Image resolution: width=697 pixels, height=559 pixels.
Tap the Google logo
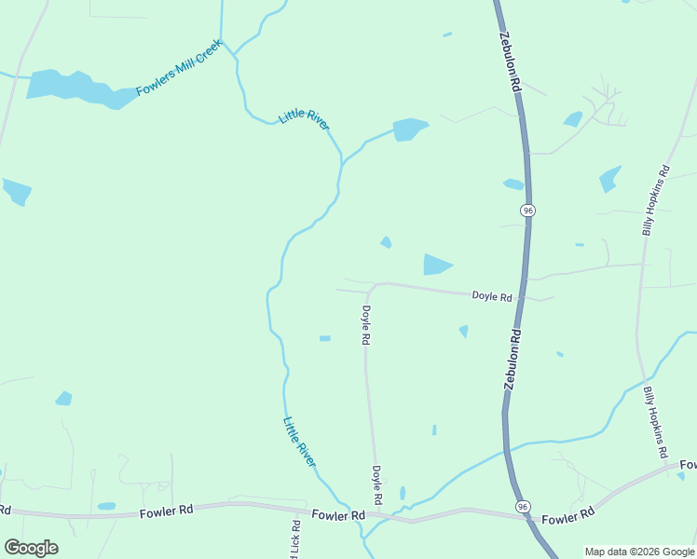tap(31, 548)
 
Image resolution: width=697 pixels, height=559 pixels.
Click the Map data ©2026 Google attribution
tap(639, 552)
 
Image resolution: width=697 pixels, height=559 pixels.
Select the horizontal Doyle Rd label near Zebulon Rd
tap(492, 297)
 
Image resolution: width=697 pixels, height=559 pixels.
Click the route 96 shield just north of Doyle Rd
tap(528, 211)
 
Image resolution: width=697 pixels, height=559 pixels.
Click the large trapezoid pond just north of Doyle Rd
tap(436, 265)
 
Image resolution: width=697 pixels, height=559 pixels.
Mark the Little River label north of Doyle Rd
tap(305, 120)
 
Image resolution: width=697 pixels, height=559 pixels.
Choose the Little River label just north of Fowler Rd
tap(300, 442)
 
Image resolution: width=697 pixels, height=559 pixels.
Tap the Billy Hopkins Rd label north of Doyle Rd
tap(656, 200)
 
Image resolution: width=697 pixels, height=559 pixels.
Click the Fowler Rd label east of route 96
tap(567, 516)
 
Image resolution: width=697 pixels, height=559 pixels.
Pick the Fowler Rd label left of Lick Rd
tap(166, 511)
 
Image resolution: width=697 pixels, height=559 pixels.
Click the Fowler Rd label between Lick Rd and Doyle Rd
tap(338, 515)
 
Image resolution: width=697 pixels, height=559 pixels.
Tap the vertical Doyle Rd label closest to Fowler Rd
tap(377, 485)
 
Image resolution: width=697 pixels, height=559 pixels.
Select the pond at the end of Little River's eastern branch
tap(410, 129)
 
